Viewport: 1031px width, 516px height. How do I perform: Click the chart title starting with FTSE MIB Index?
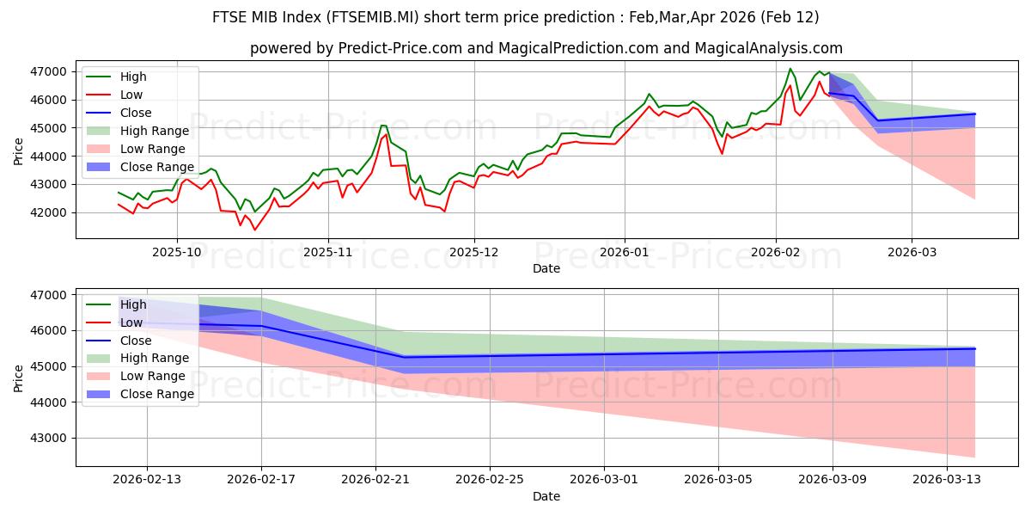click(515, 17)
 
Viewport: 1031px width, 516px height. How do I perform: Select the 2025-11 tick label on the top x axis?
click(327, 253)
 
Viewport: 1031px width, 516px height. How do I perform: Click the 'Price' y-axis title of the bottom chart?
click(19, 378)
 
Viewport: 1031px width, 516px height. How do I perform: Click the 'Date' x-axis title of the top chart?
click(546, 268)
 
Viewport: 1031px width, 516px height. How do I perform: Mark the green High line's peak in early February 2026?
click(790, 68)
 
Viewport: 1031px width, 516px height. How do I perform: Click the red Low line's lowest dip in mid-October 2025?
click(254, 230)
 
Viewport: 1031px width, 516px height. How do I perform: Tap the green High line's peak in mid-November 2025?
click(383, 126)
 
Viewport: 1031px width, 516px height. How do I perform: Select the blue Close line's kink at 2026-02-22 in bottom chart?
click(404, 357)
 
